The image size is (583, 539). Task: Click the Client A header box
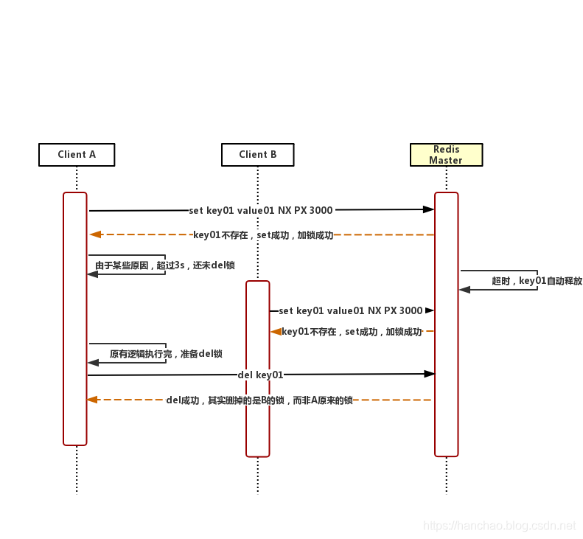77,155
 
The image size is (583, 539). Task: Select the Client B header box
258,155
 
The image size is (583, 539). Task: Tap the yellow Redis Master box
446,155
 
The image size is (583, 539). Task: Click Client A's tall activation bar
75,319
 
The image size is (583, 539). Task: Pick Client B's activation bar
258,369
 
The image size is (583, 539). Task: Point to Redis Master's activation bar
446,324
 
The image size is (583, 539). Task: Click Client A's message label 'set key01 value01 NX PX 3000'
260,210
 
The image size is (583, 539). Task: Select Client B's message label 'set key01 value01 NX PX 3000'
350,311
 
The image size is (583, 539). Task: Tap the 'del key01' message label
260,375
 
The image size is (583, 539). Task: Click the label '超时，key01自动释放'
537,281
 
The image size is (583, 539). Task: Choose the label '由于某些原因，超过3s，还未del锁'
164,265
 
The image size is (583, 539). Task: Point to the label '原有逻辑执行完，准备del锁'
166,354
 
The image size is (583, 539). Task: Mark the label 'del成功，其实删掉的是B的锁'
259,400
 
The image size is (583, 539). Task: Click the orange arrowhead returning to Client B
276,332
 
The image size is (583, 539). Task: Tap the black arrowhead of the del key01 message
429,374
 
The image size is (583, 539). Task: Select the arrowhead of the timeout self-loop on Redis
464,290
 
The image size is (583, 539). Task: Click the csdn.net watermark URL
500,526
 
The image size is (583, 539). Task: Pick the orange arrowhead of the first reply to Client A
95,234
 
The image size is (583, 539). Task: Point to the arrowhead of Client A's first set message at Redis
428,209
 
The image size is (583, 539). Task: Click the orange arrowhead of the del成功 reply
92,400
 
